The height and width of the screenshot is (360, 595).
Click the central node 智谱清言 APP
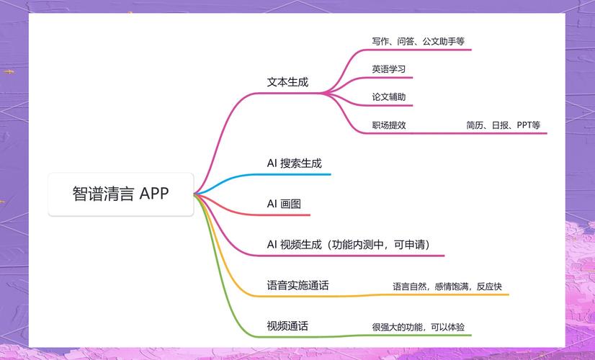[121, 194]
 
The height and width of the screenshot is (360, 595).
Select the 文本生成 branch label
[287, 82]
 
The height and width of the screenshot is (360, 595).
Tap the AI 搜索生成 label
[294, 163]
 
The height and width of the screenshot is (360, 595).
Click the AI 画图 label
[284, 204]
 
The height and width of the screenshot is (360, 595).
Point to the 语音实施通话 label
[297, 285]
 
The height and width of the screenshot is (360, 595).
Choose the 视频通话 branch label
[287, 326]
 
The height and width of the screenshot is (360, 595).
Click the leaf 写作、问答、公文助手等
[419, 41]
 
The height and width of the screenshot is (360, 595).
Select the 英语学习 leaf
[388, 69]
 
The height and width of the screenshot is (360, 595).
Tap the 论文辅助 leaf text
[388, 96]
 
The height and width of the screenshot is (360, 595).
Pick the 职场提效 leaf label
[388, 125]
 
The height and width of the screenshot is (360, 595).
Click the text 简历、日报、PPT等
[504, 125]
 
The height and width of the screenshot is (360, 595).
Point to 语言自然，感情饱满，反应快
[447, 287]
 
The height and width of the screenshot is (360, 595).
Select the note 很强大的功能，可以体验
[419, 327]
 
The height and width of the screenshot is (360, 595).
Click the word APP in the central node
[153, 194]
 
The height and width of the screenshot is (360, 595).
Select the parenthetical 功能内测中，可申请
[380, 245]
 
